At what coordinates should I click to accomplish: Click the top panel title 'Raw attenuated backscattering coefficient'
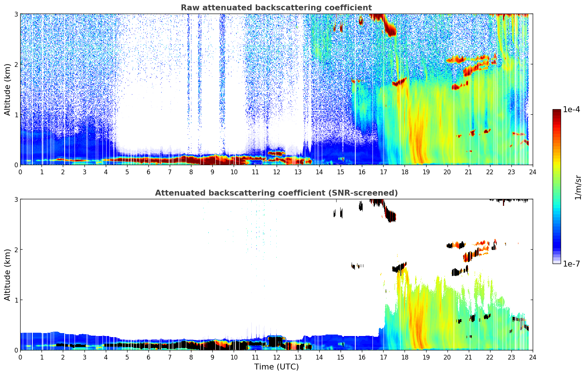[x=276, y=8]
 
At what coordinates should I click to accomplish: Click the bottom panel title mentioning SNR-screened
[x=276, y=193]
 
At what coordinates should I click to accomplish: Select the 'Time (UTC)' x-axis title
[x=276, y=367]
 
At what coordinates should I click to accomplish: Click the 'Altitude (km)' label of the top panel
[x=8, y=89]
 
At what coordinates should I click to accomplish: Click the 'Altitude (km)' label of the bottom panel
[x=8, y=275]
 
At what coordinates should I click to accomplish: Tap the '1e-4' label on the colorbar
[x=571, y=110]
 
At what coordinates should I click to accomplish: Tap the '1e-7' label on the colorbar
[x=571, y=264]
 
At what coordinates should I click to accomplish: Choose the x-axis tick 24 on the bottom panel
[x=532, y=357]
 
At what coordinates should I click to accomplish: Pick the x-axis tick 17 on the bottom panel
[x=383, y=357]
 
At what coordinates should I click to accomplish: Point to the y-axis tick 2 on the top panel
[x=16, y=64]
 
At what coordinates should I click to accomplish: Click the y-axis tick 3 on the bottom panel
[x=16, y=199]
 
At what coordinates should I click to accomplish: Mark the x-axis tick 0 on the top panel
[x=20, y=172]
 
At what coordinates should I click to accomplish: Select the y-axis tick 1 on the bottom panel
[x=16, y=300]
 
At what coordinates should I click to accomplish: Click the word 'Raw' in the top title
[x=189, y=8]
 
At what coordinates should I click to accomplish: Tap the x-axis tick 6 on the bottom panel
[x=148, y=357]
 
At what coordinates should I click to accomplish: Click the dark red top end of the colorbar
[x=557, y=111]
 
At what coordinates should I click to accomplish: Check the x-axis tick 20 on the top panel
[x=447, y=172]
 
